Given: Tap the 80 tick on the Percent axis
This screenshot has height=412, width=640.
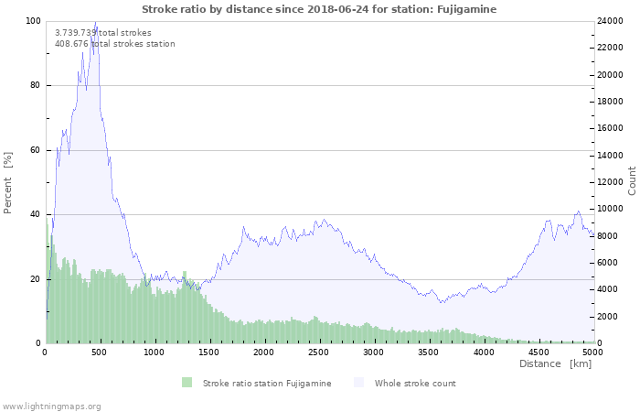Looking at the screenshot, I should (x=36, y=86).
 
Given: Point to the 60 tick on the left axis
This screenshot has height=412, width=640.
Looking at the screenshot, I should (x=36, y=150).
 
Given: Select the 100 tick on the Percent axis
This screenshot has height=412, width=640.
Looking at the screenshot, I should (x=33, y=21).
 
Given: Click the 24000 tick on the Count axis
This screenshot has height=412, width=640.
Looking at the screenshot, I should (x=613, y=21).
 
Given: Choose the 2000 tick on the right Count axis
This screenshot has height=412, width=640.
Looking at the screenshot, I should (x=611, y=317).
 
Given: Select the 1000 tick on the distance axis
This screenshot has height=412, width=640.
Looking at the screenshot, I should (x=154, y=352).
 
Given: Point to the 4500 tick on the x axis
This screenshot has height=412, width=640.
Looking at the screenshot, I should (x=538, y=352).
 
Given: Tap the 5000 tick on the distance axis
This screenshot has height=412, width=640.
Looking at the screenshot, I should (x=592, y=352).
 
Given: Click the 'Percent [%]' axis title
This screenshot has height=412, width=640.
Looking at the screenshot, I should (x=8, y=182).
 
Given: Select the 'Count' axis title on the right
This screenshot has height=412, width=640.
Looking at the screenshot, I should (x=632, y=180).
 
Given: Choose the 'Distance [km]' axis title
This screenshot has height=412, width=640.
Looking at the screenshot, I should (x=555, y=364).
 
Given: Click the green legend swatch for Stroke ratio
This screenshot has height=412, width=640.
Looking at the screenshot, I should (x=187, y=383).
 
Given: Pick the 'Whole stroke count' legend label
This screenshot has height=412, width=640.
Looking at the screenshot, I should (x=415, y=383).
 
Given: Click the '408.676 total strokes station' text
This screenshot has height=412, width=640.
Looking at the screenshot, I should (x=114, y=43).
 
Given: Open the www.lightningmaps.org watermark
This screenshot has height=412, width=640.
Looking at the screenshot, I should (x=51, y=406).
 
